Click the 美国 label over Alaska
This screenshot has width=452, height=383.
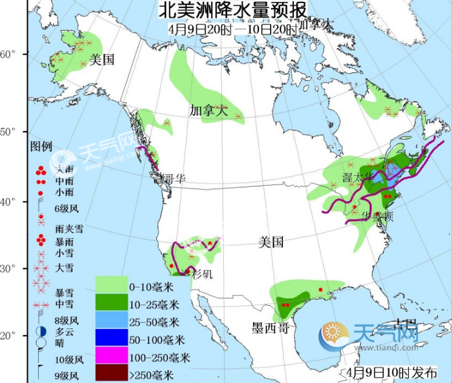(x=102, y=60)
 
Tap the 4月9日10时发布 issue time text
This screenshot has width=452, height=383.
(x=386, y=372)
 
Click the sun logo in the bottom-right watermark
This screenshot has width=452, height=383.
(x=334, y=334)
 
